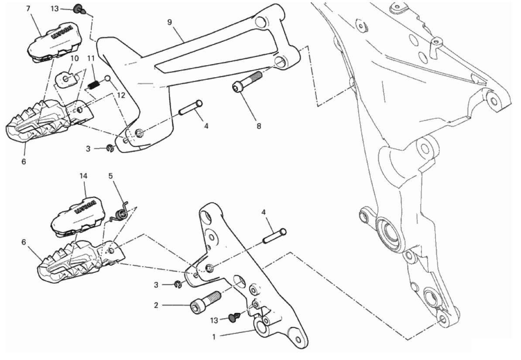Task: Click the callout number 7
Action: (28, 9)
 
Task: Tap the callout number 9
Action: (169, 22)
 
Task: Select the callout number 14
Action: (83, 176)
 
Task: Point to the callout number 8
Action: (259, 126)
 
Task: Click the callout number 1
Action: (214, 337)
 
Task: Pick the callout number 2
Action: (156, 305)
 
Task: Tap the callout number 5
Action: (111, 176)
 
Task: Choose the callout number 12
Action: (121, 96)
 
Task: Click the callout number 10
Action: (75, 58)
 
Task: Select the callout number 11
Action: (91, 58)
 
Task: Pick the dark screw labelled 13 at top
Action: (79, 9)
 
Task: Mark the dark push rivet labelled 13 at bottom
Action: (235, 317)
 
